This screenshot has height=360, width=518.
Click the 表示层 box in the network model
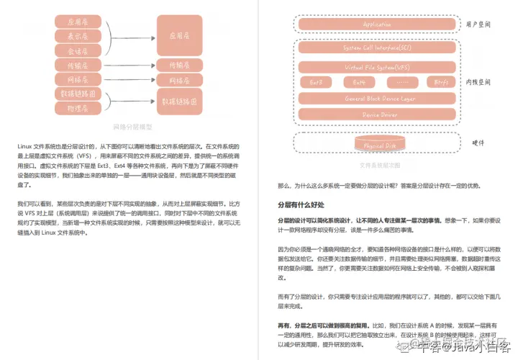(x=78, y=35)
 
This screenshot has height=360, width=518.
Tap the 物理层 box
(x=78, y=109)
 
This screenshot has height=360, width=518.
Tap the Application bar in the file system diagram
(x=377, y=24)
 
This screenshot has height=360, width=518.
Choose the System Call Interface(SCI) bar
(x=377, y=48)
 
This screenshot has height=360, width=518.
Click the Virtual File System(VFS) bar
(x=377, y=67)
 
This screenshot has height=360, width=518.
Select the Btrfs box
(x=441, y=82)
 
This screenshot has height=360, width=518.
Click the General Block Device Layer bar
(x=377, y=98)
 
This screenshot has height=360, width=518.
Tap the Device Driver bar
(x=377, y=114)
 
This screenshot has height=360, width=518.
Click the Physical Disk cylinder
(x=377, y=145)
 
